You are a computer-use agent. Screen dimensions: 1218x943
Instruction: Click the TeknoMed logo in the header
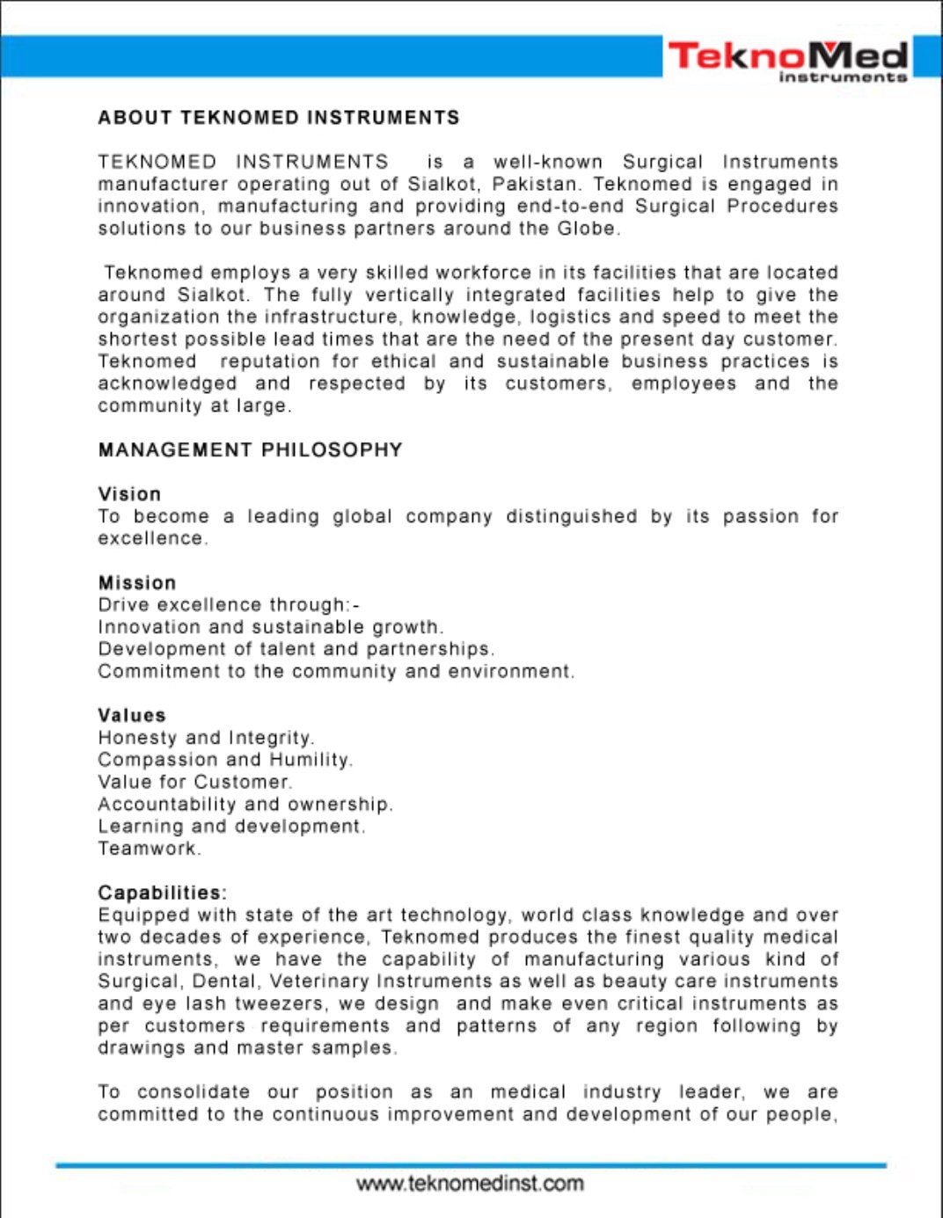pyautogui.click(x=787, y=60)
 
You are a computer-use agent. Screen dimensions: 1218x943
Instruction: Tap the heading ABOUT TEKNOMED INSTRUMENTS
pyautogui.click(x=279, y=118)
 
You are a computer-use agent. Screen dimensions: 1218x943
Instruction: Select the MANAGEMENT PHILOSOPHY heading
pyautogui.click(x=250, y=450)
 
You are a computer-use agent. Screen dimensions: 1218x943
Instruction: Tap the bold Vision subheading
pyautogui.click(x=129, y=494)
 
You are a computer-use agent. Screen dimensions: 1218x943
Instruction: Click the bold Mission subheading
pyautogui.click(x=137, y=583)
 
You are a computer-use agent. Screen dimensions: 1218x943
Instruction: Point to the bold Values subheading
pyautogui.click(x=132, y=716)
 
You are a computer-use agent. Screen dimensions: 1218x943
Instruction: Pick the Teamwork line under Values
pyautogui.click(x=148, y=849)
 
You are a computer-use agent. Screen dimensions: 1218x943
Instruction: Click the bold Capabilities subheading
pyautogui.click(x=162, y=893)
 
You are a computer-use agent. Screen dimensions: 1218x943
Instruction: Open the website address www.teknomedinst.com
pyautogui.click(x=470, y=1184)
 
